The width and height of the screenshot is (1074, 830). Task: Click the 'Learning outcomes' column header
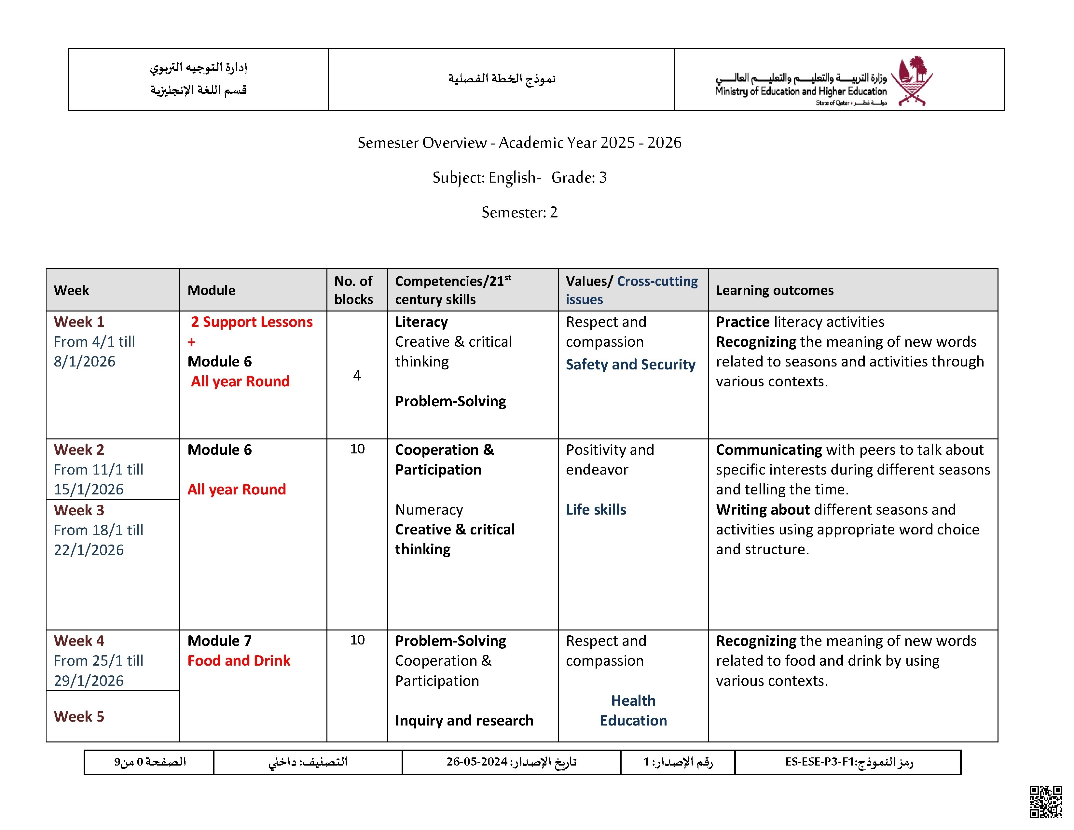tap(775, 290)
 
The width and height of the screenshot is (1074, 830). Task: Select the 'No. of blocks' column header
tap(353, 290)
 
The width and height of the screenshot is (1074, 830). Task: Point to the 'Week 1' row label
tap(79, 322)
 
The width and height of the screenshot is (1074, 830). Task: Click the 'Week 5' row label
tap(79, 716)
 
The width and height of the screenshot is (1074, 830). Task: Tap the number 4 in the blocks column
tap(357, 376)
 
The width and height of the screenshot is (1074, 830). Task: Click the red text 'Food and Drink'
tap(239, 660)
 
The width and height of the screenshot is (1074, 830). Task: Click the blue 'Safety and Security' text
tap(630, 364)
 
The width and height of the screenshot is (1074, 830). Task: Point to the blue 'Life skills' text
tap(596, 509)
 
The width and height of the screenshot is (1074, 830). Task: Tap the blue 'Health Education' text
tap(633, 711)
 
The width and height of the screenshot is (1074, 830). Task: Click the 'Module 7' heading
tap(219, 641)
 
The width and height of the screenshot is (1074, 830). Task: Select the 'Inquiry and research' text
tap(464, 720)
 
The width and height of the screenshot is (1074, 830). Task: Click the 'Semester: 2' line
tap(519, 213)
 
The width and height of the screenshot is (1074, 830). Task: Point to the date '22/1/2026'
tap(89, 550)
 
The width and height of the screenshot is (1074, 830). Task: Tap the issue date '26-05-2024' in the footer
tap(476, 762)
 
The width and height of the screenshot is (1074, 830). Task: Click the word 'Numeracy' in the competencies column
tap(429, 509)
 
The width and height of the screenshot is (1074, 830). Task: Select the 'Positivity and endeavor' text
tap(610, 459)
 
